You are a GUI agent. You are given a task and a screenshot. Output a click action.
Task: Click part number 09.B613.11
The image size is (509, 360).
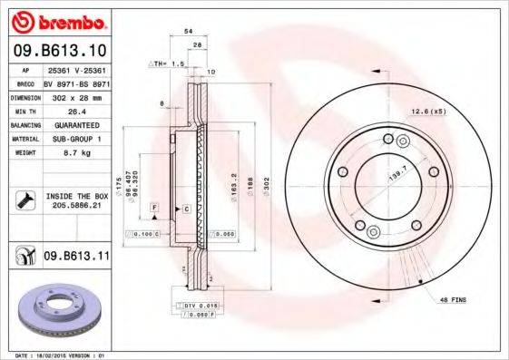click(77, 257)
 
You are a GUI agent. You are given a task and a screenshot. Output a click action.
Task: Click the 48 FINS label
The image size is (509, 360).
click(451, 298)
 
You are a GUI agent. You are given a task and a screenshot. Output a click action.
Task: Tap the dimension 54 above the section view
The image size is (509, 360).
click(188, 32)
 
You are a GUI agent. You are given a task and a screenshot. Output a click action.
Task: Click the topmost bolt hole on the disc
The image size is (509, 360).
click(388, 139)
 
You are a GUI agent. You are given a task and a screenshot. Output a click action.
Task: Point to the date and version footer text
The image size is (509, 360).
click(55, 355)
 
